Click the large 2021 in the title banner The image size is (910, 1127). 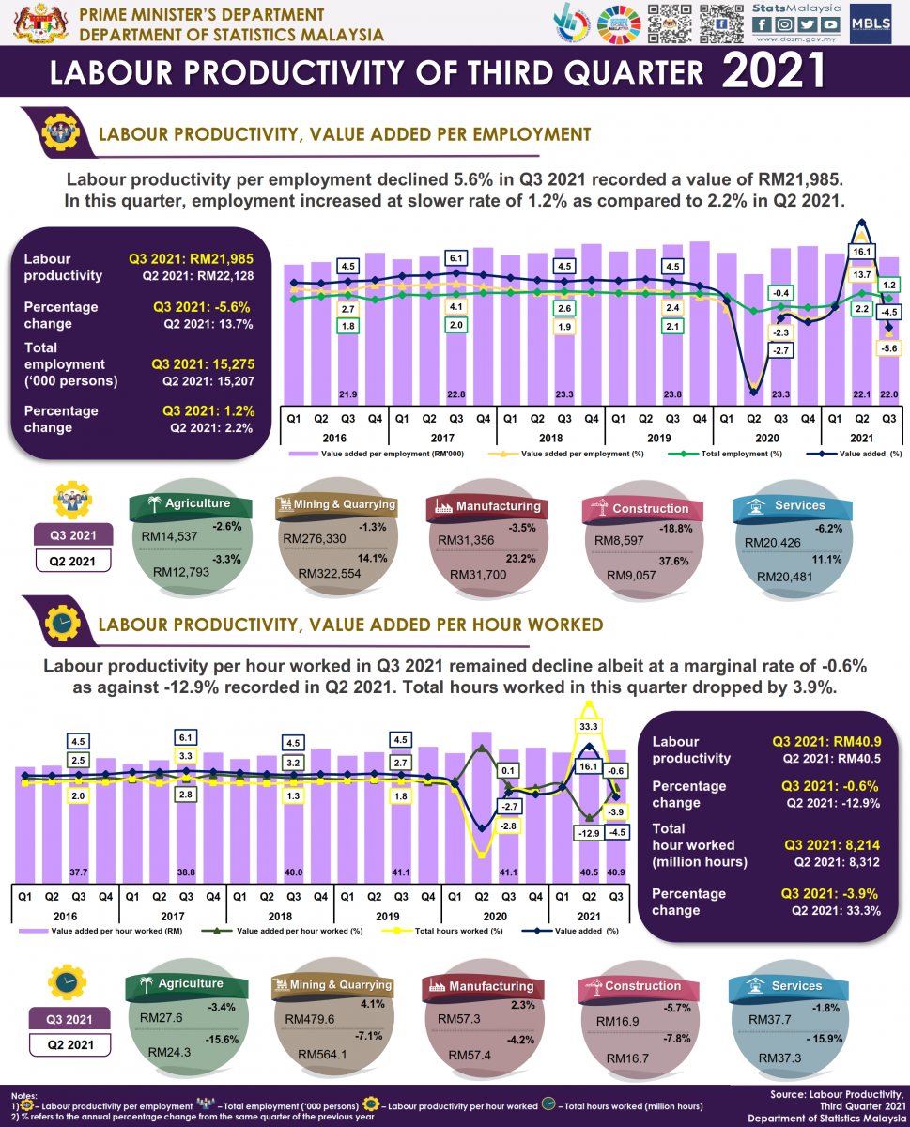(x=775, y=71)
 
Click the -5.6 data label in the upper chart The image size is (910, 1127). (x=889, y=347)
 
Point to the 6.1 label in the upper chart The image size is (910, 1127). (x=456, y=257)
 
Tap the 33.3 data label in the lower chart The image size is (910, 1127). (x=591, y=726)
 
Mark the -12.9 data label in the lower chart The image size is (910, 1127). (x=590, y=833)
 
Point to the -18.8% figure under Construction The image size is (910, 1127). (x=672, y=529)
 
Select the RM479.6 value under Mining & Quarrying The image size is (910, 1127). (x=301, y=1018)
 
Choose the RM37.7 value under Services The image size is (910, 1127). (x=770, y=1019)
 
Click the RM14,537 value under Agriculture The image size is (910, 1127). (x=169, y=537)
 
